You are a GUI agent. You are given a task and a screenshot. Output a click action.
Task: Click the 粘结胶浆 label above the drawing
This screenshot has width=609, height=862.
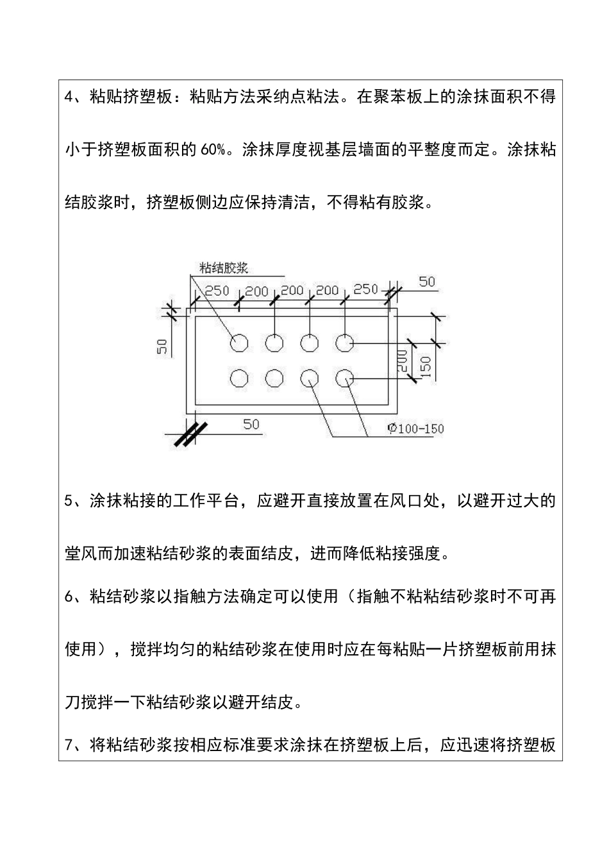(224, 267)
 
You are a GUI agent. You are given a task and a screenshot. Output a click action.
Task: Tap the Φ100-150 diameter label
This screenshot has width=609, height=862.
(415, 428)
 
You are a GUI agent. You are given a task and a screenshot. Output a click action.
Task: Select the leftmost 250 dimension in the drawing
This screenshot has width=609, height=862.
(217, 291)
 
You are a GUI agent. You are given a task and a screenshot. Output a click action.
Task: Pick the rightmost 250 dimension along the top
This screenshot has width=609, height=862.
(366, 289)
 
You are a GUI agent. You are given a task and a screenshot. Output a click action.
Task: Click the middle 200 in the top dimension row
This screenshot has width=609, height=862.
(292, 291)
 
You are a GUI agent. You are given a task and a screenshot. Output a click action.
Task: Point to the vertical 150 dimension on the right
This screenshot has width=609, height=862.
(426, 366)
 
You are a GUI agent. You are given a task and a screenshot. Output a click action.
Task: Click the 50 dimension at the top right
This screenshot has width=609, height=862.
(426, 282)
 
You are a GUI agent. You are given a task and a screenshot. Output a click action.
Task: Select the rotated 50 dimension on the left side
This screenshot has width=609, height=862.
(163, 346)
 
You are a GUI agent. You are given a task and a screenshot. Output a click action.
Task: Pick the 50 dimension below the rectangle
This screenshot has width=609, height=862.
(251, 424)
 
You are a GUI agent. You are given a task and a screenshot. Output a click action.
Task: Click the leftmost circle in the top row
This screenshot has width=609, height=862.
(240, 343)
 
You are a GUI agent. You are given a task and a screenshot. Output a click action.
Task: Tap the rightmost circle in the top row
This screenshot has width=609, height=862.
(345, 343)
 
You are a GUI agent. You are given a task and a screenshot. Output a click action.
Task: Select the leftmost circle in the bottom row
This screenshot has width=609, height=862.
(240, 378)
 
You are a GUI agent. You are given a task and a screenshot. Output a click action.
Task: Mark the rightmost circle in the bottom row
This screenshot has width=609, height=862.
(345, 378)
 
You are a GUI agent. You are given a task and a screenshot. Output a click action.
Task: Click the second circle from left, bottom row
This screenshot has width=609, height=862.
(274, 378)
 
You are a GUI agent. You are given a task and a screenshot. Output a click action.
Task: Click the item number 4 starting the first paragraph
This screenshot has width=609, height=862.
(70, 97)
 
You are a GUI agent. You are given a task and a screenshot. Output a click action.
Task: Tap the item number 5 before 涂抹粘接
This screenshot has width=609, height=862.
(70, 501)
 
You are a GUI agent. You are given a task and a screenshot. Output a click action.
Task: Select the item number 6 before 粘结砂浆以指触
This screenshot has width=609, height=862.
(70, 596)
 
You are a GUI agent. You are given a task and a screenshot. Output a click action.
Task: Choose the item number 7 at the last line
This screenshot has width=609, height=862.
(70, 745)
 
